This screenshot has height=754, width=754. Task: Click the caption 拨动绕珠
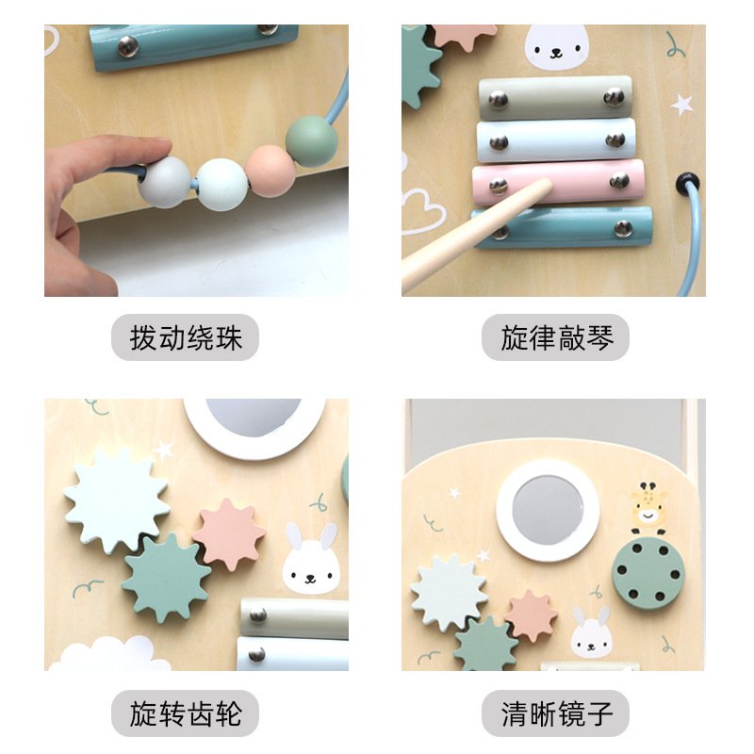tap(185, 337)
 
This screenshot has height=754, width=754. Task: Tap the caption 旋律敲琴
tap(554, 337)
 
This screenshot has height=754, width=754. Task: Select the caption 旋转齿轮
tap(185, 713)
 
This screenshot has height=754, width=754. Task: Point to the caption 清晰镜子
tap(554, 713)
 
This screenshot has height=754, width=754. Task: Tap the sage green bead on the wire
tap(311, 141)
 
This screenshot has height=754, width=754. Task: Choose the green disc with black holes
tap(646, 573)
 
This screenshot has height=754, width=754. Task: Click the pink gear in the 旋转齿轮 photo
tap(229, 534)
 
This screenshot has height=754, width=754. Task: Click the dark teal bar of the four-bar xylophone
tap(564, 227)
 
